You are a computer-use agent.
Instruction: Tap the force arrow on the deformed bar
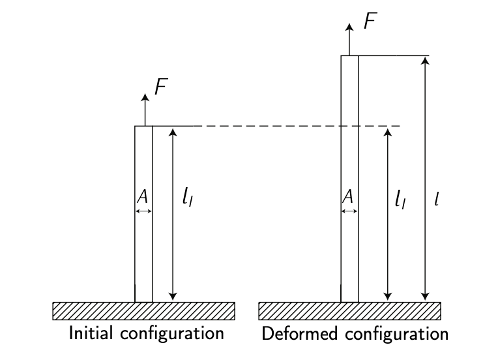coord(349,40)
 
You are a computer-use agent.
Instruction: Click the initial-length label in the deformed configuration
coord(401,198)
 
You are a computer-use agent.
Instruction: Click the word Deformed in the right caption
coord(293,335)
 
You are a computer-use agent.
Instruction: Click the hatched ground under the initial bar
coord(143,311)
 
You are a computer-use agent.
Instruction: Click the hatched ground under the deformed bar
coord(349,311)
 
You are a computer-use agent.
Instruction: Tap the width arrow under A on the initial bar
coord(143,211)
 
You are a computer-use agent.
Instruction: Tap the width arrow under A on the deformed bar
coord(349,211)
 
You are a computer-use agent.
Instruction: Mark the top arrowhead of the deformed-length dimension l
coord(425,61)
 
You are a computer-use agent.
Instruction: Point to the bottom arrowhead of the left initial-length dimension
coord(173,296)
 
